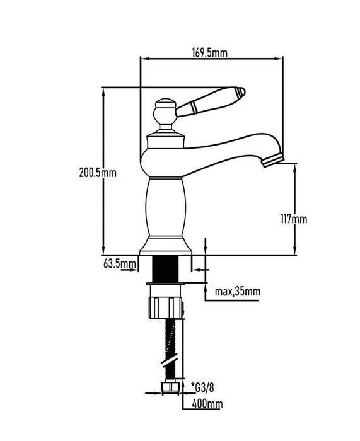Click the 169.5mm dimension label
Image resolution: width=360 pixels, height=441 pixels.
point(211,52)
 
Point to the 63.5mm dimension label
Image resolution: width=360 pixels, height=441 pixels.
point(120,263)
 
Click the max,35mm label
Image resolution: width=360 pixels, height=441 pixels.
point(237,292)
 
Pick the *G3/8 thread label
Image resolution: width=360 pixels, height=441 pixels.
point(203,386)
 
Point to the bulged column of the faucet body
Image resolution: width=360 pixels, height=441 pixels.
point(166,208)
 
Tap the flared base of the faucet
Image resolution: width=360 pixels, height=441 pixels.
point(166,246)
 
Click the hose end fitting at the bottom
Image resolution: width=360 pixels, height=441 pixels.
point(168,388)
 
